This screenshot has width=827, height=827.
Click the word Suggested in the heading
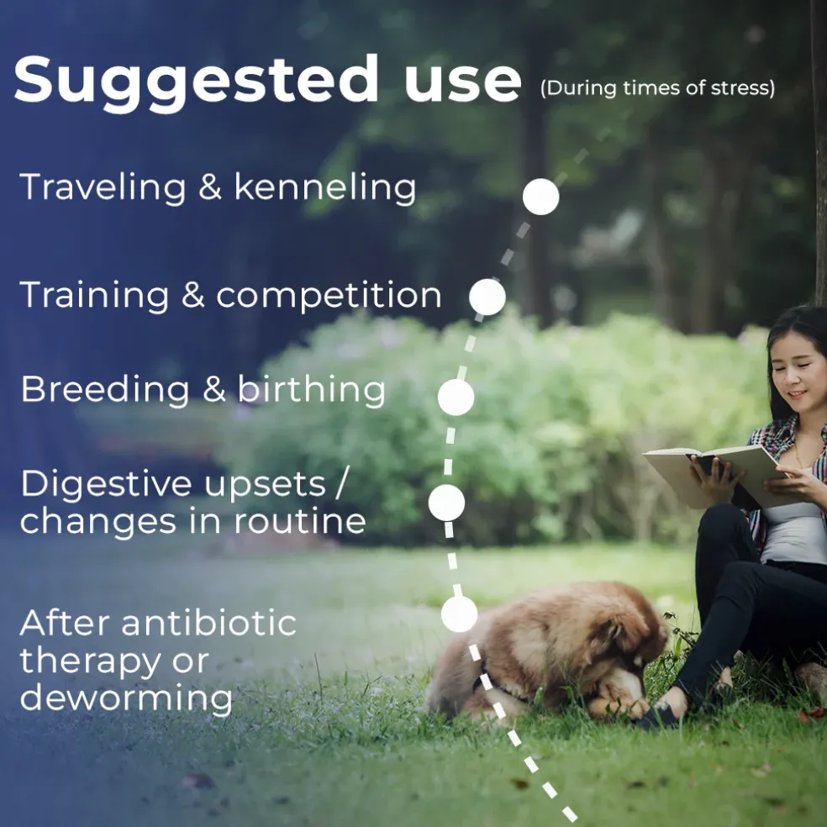[x=196, y=82]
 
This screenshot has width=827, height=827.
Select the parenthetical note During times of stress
[x=658, y=88]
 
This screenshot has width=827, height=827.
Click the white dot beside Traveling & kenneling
[x=540, y=197]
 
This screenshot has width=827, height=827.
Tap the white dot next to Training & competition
[x=487, y=297]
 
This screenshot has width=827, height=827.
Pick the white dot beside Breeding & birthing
[x=456, y=398]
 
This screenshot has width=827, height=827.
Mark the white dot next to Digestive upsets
[x=447, y=503]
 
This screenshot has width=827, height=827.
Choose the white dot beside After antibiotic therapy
[x=460, y=614]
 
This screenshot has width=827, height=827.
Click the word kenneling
[x=325, y=188]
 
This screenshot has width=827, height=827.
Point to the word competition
[x=329, y=295]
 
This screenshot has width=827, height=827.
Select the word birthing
[x=311, y=391]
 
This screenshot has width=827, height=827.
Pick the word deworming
[x=126, y=698]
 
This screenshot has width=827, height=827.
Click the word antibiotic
[x=209, y=623]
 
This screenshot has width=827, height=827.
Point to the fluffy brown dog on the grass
[x=546, y=651]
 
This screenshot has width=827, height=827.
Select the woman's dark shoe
[x=659, y=714]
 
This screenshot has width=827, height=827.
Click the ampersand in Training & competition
[x=192, y=295]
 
